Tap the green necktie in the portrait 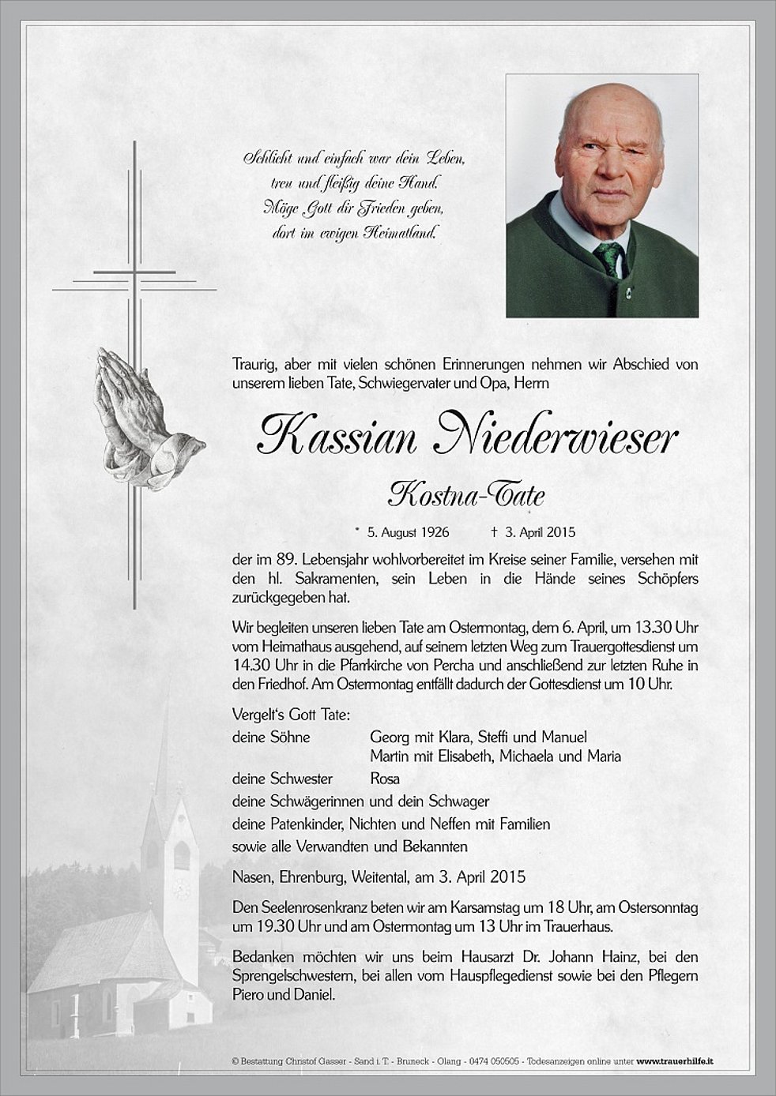[610, 257]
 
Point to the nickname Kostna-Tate [466, 495]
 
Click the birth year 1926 [433, 532]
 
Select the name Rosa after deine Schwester [385, 779]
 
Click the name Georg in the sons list [390, 737]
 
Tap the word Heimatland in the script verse [396, 233]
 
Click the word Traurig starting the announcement [254, 364]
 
